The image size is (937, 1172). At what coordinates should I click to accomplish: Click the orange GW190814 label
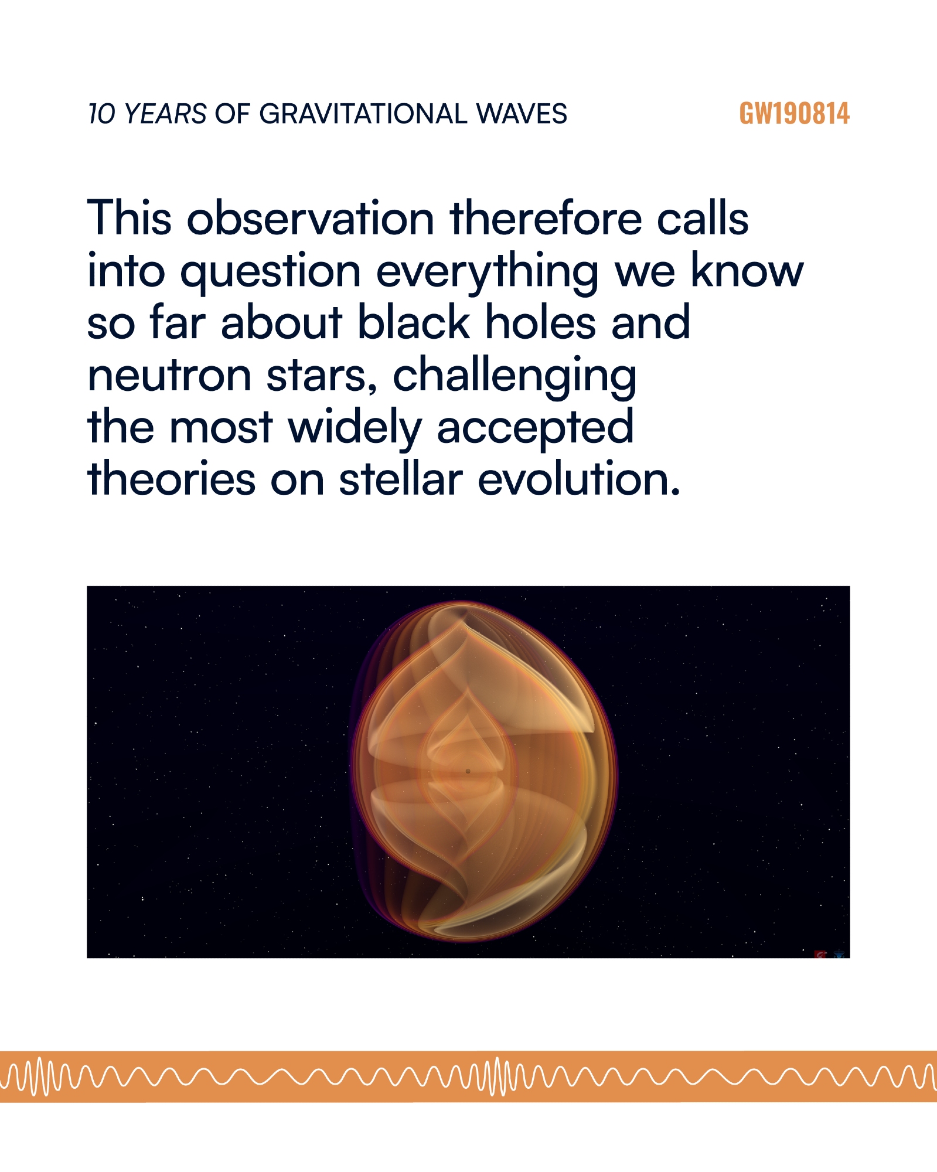click(794, 114)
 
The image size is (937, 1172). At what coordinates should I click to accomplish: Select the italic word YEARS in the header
click(165, 114)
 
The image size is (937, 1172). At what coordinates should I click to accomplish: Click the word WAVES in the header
click(522, 114)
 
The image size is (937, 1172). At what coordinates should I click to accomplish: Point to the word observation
click(311, 218)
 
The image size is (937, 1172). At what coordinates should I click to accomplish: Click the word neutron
click(169, 375)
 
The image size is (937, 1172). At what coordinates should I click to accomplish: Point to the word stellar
click(401, 478)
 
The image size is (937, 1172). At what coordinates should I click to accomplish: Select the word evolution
click(579, 478)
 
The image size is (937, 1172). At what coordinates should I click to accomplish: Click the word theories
click(171, 478)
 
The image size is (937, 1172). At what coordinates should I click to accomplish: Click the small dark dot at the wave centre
click(468, 771)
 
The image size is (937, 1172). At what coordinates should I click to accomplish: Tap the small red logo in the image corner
click(821, 955)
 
